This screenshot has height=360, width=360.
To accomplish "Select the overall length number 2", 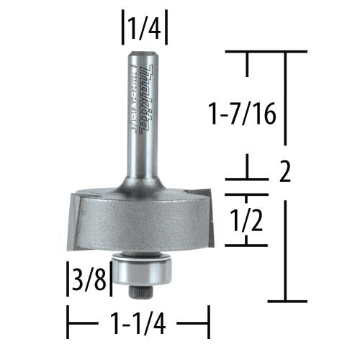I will point(284,174).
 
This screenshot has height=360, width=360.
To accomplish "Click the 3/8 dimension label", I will point(88,278).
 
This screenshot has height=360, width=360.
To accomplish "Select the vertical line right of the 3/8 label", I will point(110,279).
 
